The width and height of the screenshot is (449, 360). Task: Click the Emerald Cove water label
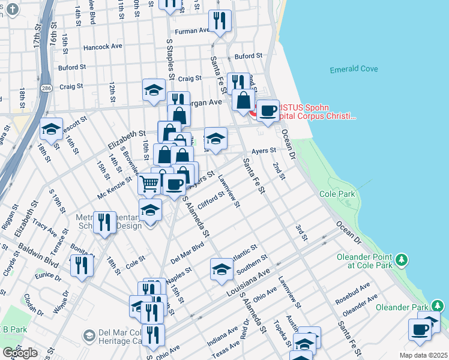pos(354,70)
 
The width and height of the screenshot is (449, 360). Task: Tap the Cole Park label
pos(337,194)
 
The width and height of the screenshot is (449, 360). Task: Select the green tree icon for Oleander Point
pos(402,259)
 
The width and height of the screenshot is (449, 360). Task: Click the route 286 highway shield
pos(46,88)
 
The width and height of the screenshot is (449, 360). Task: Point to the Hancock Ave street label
pos(103,46)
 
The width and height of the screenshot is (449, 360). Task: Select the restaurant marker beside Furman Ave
pos(220,21)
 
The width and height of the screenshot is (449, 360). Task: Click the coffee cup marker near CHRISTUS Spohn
pos(268,110)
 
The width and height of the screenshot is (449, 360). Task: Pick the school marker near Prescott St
pos(52,129)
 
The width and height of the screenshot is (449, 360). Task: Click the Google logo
pos(20,353)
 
